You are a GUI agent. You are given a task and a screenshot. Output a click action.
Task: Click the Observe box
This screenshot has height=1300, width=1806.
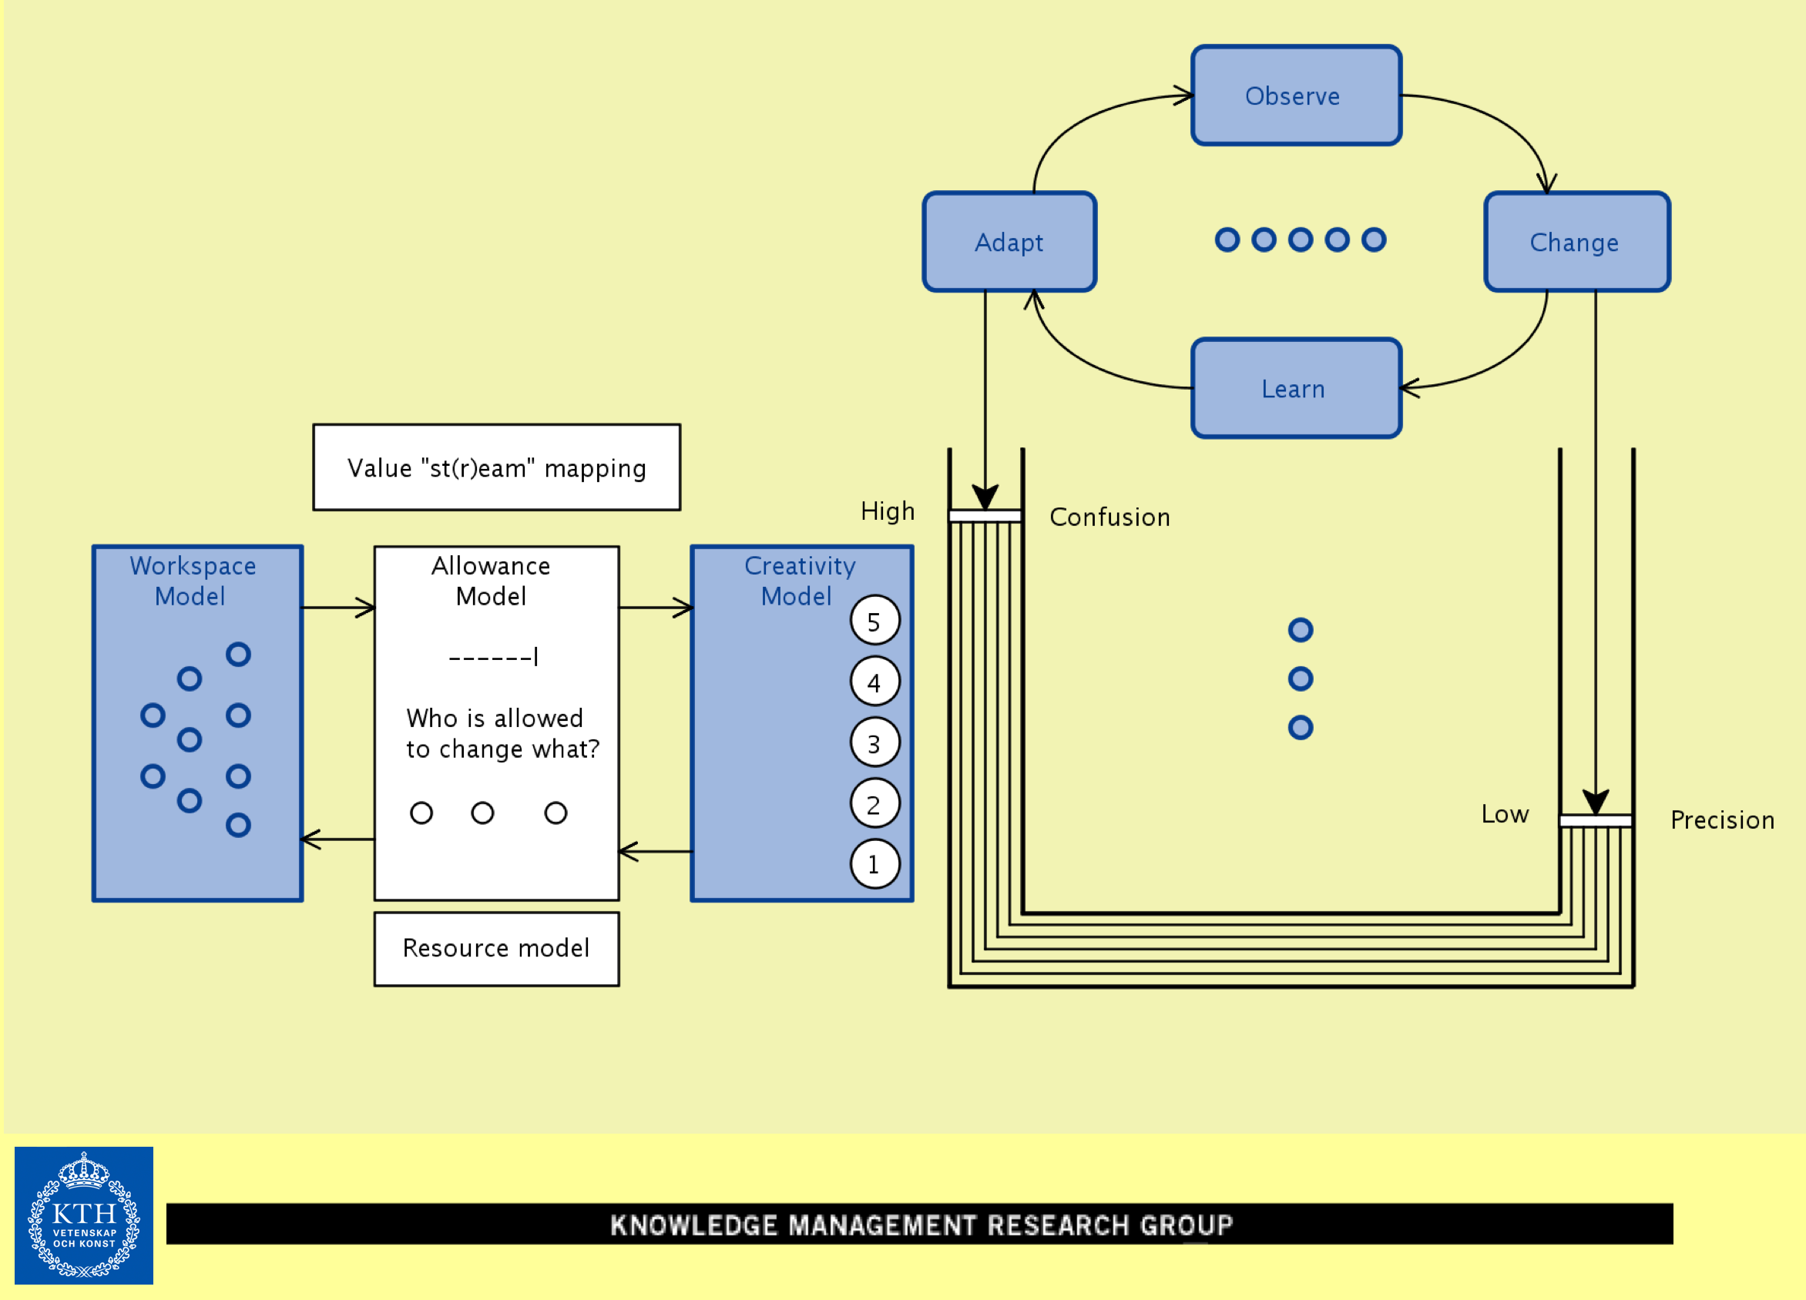pyautogui.click(x=1296, y=95)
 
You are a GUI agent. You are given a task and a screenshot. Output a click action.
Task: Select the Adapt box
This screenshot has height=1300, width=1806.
pyautogui.click(x=1009, y=242)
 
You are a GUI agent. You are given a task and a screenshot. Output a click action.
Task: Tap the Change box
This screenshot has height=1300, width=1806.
pyautogui.click(x=1576, y=242)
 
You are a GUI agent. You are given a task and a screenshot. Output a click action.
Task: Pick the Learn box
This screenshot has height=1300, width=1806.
pyautogui.click(x=1296, y=388)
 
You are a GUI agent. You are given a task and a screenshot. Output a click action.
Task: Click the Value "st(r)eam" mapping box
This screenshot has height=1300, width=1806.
pyautogui.click(x=496, y=467)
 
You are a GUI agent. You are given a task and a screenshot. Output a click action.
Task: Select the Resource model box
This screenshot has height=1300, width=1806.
pyautogui.click(x=496, y=948)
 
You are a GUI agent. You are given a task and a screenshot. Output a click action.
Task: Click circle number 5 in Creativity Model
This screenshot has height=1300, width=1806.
pyautogui.click(x=874, y=621)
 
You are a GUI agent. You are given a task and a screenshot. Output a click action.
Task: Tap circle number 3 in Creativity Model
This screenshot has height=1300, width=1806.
pyautogui.click(x=874, y=742)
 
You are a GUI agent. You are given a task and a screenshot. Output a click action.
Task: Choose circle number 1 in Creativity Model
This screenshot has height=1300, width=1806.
pyautogui.click(x=874, y=864)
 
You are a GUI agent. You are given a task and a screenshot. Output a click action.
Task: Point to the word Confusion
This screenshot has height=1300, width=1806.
pyautogui.click(x=1109, y=518)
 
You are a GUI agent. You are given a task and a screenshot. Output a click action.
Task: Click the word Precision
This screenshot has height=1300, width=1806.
pyautogui.click(x=1721, y=820)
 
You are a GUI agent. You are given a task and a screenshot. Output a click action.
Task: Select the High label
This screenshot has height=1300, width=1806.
pyautogui.click(x=887, y=511)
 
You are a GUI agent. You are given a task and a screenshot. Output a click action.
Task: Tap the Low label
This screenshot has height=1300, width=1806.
pyautogui.click(x=1504, y=813)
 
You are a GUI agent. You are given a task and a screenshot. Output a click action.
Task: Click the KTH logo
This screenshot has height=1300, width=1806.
pyautogui.click(x=84, y=1215)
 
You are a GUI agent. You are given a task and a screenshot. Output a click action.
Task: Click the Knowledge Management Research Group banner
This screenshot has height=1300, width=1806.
pyautogui.click(x=920, y=1224)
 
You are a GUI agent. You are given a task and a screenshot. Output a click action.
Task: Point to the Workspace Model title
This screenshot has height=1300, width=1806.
pyautogui.click(x=192, y=581)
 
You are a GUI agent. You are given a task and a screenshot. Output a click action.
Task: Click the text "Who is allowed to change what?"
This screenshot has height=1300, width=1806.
pyautogui.click(x=502, y=733)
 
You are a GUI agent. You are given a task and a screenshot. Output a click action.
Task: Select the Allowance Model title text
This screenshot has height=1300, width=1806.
pyautogui.click(x=491, y=581)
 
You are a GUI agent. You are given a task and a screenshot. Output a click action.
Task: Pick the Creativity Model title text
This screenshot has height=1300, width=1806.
pyautogui.click(x=799, y=581)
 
